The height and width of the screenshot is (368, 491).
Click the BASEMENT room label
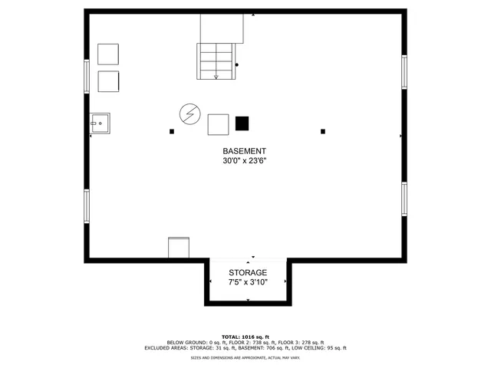pyautogui.click(x=245, y=151)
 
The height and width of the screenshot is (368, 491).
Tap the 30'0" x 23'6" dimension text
pyautogui.click(x=245, y=162)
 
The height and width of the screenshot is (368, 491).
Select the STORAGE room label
pyautogui.click(x=248, y=273)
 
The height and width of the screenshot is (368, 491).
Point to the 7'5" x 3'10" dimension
pyautogui.click(x=248, y=283)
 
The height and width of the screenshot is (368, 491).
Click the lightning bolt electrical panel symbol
pyautogui.click(x=189, y=115)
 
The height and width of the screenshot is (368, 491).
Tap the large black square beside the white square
pyautogui.click(x=242, y=123)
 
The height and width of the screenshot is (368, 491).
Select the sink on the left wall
pyautogui.click(x=100, y=123)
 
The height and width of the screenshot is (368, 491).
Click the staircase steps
pyautogui.click(x=216, y=61)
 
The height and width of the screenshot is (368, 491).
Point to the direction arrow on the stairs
pyautogui.click(x=216, y=76)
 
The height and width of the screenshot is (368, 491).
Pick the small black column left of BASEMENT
pyautogui.click(x=172, y=131)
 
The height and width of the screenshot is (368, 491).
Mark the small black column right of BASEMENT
pyautogui.click(x=324, y=131)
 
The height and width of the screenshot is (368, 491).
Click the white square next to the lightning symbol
pyautogui.click(x=219, y=124)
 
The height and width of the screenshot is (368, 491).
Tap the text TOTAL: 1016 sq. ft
pyautogui.click(x=245, y=337)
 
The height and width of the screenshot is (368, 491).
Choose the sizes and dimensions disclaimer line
pyautogui.click(x=245, y=357)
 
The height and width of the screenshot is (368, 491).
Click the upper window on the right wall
pyautogui.click(x=404, y=72)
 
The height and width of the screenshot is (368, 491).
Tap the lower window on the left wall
pyautogui.click(x=87, y=205)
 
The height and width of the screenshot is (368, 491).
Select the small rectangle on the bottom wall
pyautogui.click(x=178, y=248)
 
